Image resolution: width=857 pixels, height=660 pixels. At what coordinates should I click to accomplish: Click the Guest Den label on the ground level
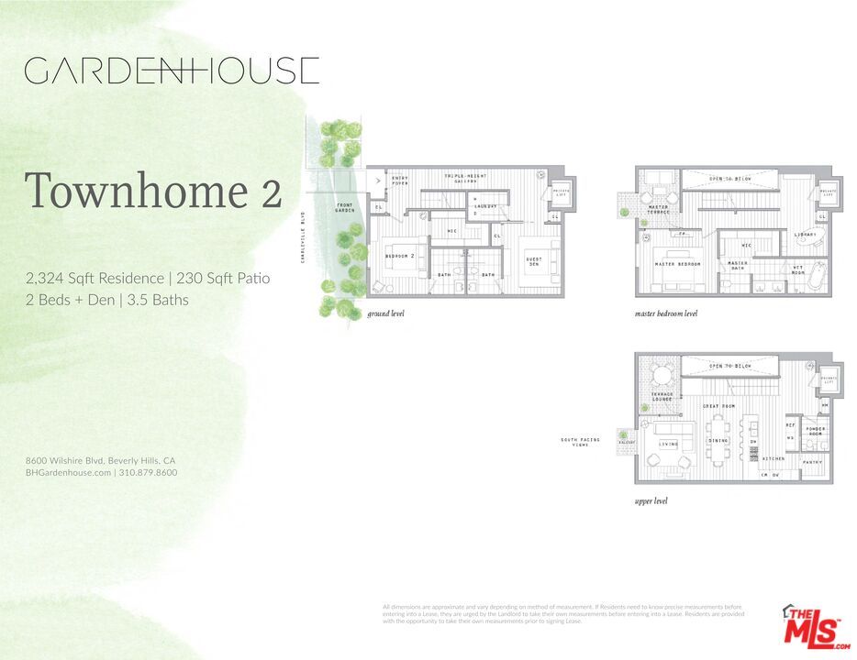[533, 262]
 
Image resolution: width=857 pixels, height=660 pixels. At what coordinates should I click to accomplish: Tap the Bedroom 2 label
[400, 255]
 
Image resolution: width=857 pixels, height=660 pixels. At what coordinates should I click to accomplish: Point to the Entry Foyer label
[400, 181]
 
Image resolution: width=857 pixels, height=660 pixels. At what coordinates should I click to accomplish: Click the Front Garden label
[344, 208]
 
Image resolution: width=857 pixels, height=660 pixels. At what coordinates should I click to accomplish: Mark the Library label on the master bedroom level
[806, 235]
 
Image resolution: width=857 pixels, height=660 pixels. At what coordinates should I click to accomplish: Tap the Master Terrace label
[658, 210]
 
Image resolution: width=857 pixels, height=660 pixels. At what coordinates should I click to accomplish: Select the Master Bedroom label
[678, 264]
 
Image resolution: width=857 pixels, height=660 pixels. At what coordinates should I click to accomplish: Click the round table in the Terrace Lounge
[661, 376]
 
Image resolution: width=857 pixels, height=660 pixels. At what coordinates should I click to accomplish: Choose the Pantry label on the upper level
[812, 462]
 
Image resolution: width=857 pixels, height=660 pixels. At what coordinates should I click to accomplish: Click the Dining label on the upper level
[718, 441]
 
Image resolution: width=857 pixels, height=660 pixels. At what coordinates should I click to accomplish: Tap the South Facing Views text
[581, 443]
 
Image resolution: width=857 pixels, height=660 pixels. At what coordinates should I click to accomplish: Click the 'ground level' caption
[385, 313]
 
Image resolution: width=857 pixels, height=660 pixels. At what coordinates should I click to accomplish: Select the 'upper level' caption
[651, 501]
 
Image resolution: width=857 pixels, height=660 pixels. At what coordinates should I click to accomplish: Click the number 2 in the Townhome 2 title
[268, 192]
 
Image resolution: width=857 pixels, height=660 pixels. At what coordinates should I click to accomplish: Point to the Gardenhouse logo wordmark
[172, 71]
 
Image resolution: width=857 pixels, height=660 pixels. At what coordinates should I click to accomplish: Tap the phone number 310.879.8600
[149, 473]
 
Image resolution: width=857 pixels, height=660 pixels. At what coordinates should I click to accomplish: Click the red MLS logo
[815, 628]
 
